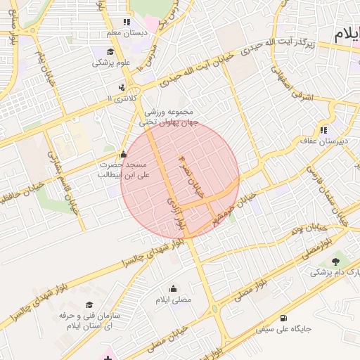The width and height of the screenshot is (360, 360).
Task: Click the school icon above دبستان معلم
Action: pyautogui.click(x=127, y=22)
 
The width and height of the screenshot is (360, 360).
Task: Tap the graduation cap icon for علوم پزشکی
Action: pyautogui.click(x=111, y=52)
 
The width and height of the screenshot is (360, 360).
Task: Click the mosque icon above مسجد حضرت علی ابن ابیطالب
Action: pyautogui.click(x=124, y=153)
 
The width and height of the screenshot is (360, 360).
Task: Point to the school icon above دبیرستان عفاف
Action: pyautogui.click(x=323, y=130)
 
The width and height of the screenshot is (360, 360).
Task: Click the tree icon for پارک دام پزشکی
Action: pyautogui.click(x=334, y=262)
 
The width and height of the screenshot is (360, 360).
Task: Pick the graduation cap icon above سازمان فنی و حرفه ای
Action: pyautogui.click(x=89, y=304)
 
